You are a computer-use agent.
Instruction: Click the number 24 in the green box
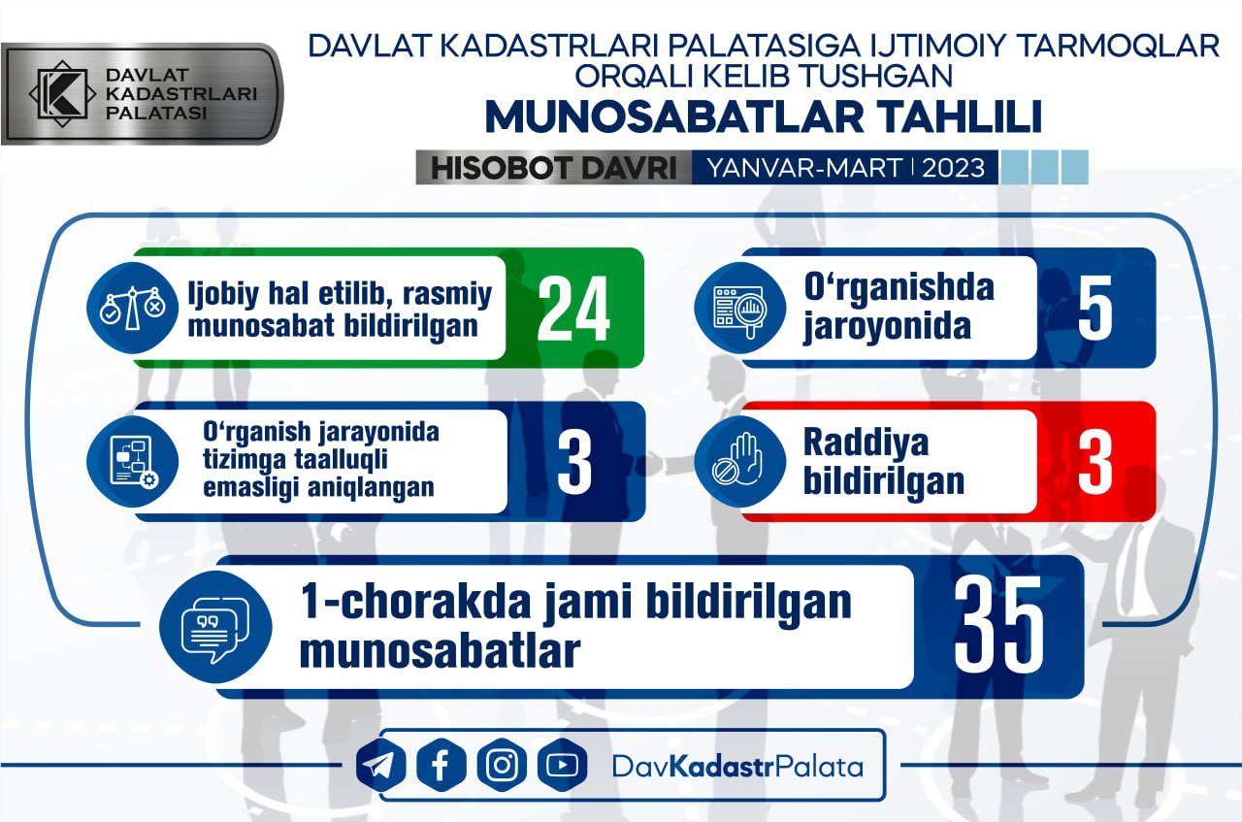(573, 309)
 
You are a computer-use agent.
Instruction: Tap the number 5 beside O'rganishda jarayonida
(1095, 309)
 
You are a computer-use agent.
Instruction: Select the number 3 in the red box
(1095, 462)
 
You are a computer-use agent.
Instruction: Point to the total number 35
(998, 625)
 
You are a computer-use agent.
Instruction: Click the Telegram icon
(380, 766)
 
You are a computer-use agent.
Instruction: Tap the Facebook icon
(441, 766)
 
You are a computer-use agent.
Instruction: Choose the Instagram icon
(502, 766)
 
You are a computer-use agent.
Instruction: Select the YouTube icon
(562, 766)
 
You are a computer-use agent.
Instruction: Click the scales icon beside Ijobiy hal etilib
(133, 308)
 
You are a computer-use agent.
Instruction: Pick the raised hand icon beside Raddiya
(739, 461)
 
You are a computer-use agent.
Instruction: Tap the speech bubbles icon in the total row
(215, 627)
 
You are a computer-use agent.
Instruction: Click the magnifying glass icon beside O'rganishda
(739, 309)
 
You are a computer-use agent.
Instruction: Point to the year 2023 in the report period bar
(953, 168)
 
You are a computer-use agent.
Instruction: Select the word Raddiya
(866, 443)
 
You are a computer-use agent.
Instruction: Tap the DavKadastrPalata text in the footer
(738, 767)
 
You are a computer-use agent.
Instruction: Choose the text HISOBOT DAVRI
(554, 168)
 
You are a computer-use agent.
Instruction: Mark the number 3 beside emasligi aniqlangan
(574, 462)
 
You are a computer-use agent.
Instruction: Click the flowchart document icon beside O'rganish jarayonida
(133, 461)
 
